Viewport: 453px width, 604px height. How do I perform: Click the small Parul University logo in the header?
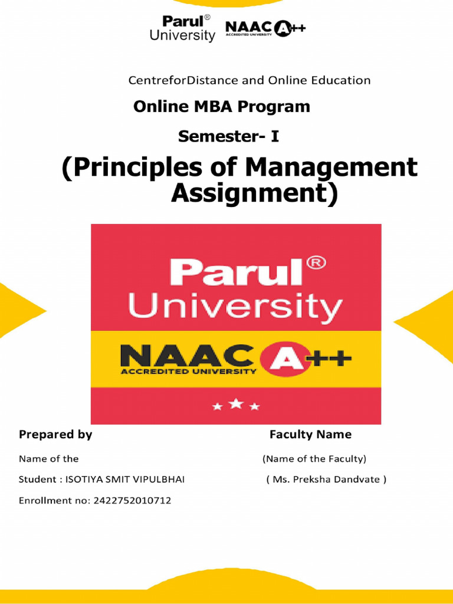(x=182, y=28)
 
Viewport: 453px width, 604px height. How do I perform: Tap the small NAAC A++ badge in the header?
(x=265, y=29)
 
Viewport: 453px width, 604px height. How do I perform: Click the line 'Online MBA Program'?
(x=221, y=107)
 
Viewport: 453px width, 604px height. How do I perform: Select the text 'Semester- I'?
(x=228, y=137)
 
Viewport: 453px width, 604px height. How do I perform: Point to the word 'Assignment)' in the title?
(x=254, y=193)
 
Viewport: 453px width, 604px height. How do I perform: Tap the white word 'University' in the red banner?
(x=235, y=307)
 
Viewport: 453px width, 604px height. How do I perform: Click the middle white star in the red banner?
(x=236, y=404)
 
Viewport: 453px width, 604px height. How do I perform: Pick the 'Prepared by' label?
(x=55, y=435)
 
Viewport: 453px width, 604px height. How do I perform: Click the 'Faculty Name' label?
(x=310, y=435)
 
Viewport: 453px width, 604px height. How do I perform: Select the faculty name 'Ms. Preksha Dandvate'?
(x=327, y=480)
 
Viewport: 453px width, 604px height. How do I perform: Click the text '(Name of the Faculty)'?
(x=314, y=458)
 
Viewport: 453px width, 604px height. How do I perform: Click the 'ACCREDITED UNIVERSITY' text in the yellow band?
(x=188, y=372)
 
